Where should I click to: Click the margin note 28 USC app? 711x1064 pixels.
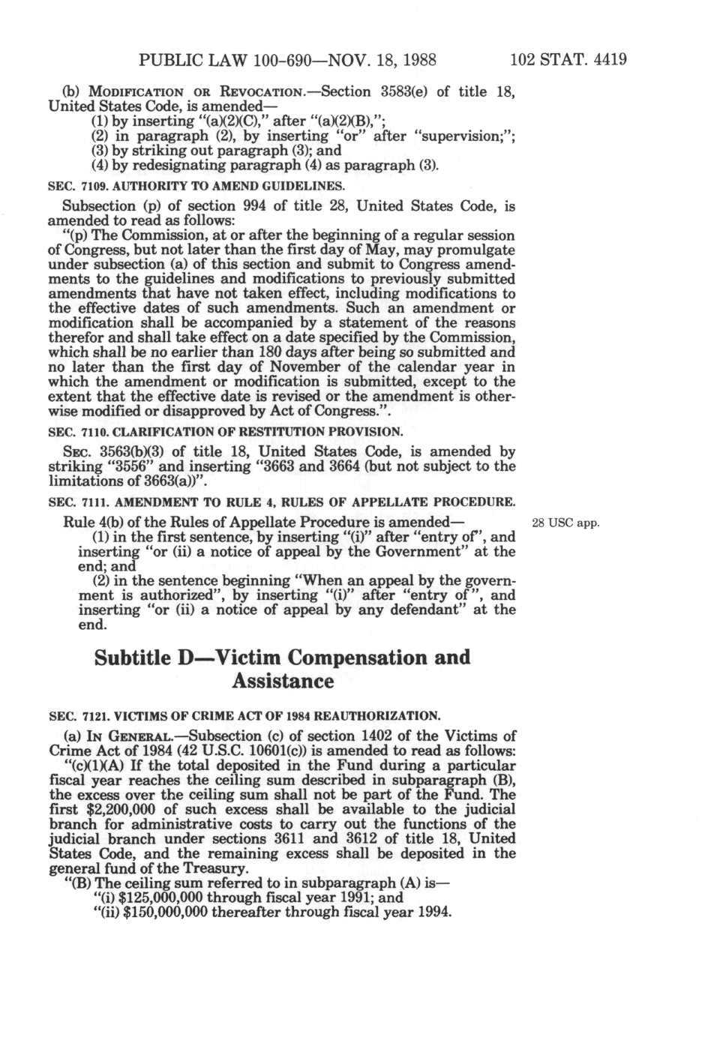(565, 523)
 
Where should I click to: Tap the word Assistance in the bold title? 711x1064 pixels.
(283, 682)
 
